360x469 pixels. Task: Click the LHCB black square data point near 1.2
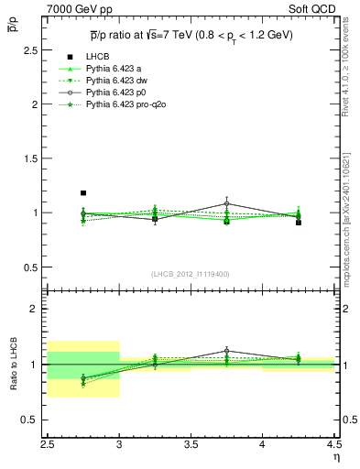click(x=83, y=193)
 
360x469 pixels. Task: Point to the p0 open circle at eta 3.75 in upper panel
click(x=227, y=203)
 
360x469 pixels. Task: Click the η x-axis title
click(x=336, y=455)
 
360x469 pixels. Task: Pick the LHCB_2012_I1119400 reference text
click(x=190, y=273)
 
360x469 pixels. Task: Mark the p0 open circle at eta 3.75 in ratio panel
click(x=227, y=351)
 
